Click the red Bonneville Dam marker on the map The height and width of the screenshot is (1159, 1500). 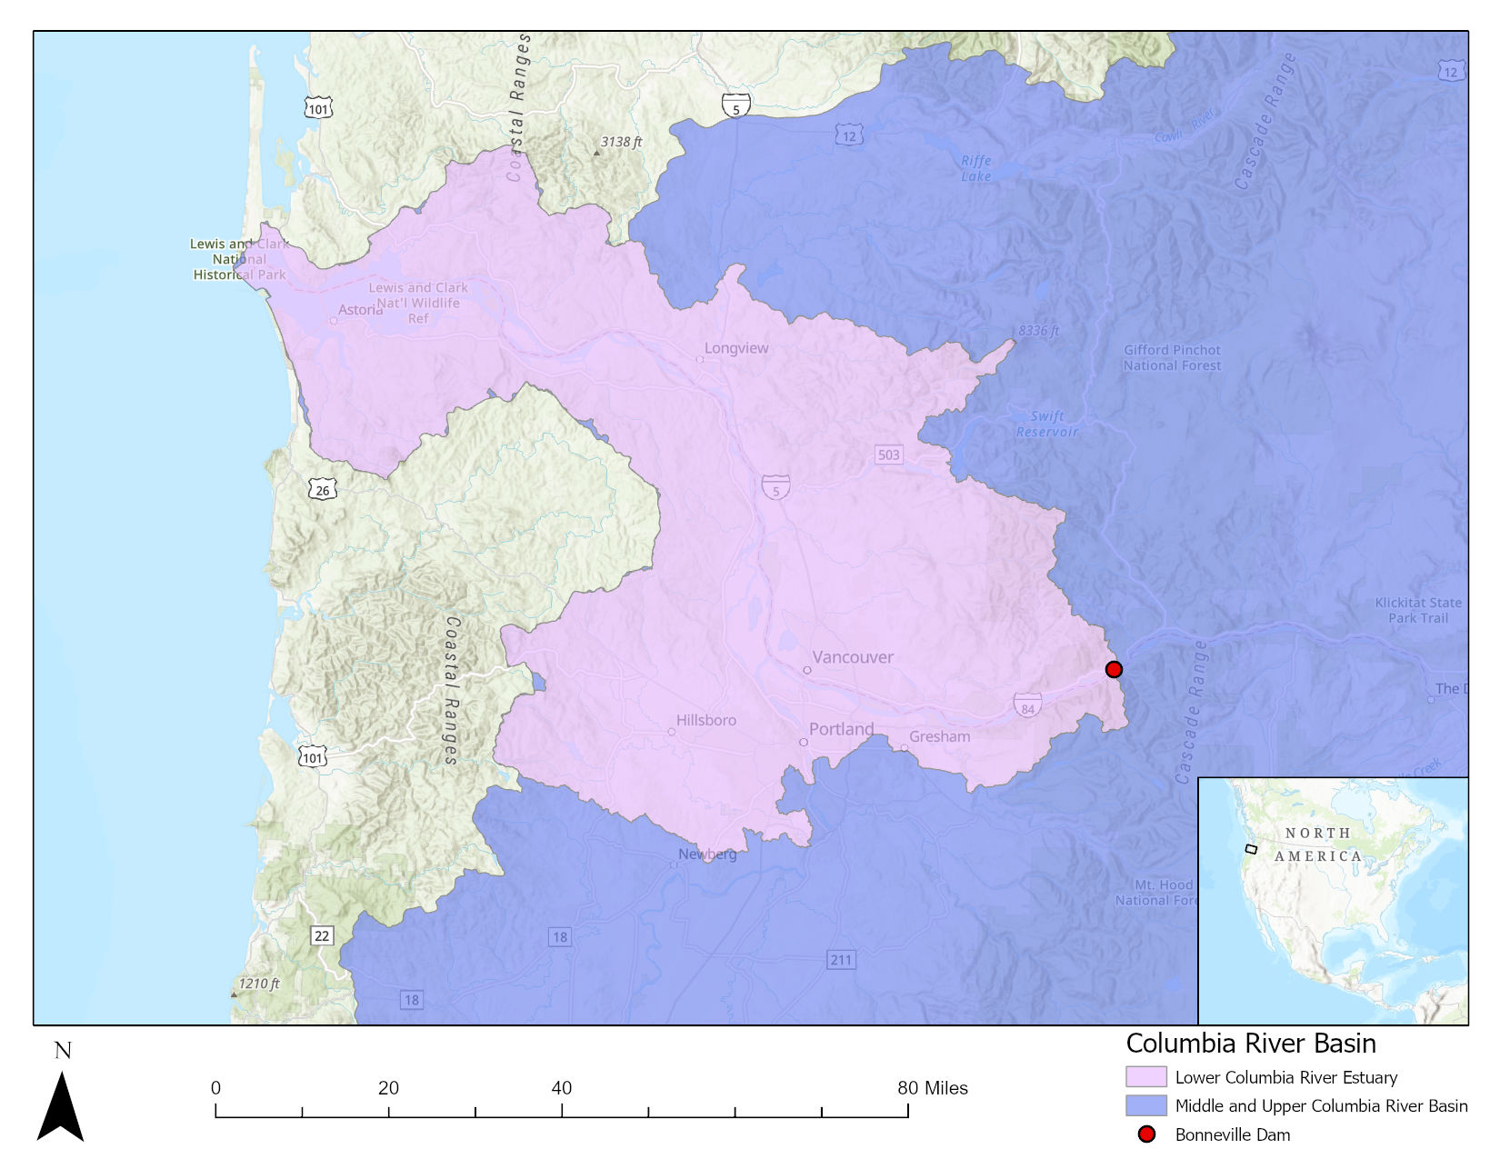coord(1114,670)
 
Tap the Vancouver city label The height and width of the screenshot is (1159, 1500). coord(852,657)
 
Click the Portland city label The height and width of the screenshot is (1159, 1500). coord(841,729)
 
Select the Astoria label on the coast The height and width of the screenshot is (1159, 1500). coord(360,310)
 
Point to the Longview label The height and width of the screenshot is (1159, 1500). coord(736,348)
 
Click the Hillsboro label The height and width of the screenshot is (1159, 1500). coord(705,720)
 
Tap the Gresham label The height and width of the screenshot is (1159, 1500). coord(939,736)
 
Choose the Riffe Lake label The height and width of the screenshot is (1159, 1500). coord(975,168)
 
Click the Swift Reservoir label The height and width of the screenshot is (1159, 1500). coord(1046,424)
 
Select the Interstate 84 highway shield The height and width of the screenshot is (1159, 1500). coord(1027,705)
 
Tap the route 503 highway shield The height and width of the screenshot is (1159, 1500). coord(888,455)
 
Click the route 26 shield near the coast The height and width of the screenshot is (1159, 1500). coord(323,490)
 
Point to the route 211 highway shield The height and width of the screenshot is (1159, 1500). coord(841,960)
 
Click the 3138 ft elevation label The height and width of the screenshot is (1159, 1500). coord(621,142)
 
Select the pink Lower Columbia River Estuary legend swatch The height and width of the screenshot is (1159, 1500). coord(1145,1077)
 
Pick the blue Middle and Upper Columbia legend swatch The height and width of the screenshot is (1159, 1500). coord(1145,1105)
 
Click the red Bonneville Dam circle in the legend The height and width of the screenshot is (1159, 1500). coord(1146,1134)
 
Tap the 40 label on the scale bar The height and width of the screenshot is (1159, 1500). coord(561,1088)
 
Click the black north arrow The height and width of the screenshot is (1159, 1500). coord(60,1106)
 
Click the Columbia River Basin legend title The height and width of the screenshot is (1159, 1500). coord(1251,1044)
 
